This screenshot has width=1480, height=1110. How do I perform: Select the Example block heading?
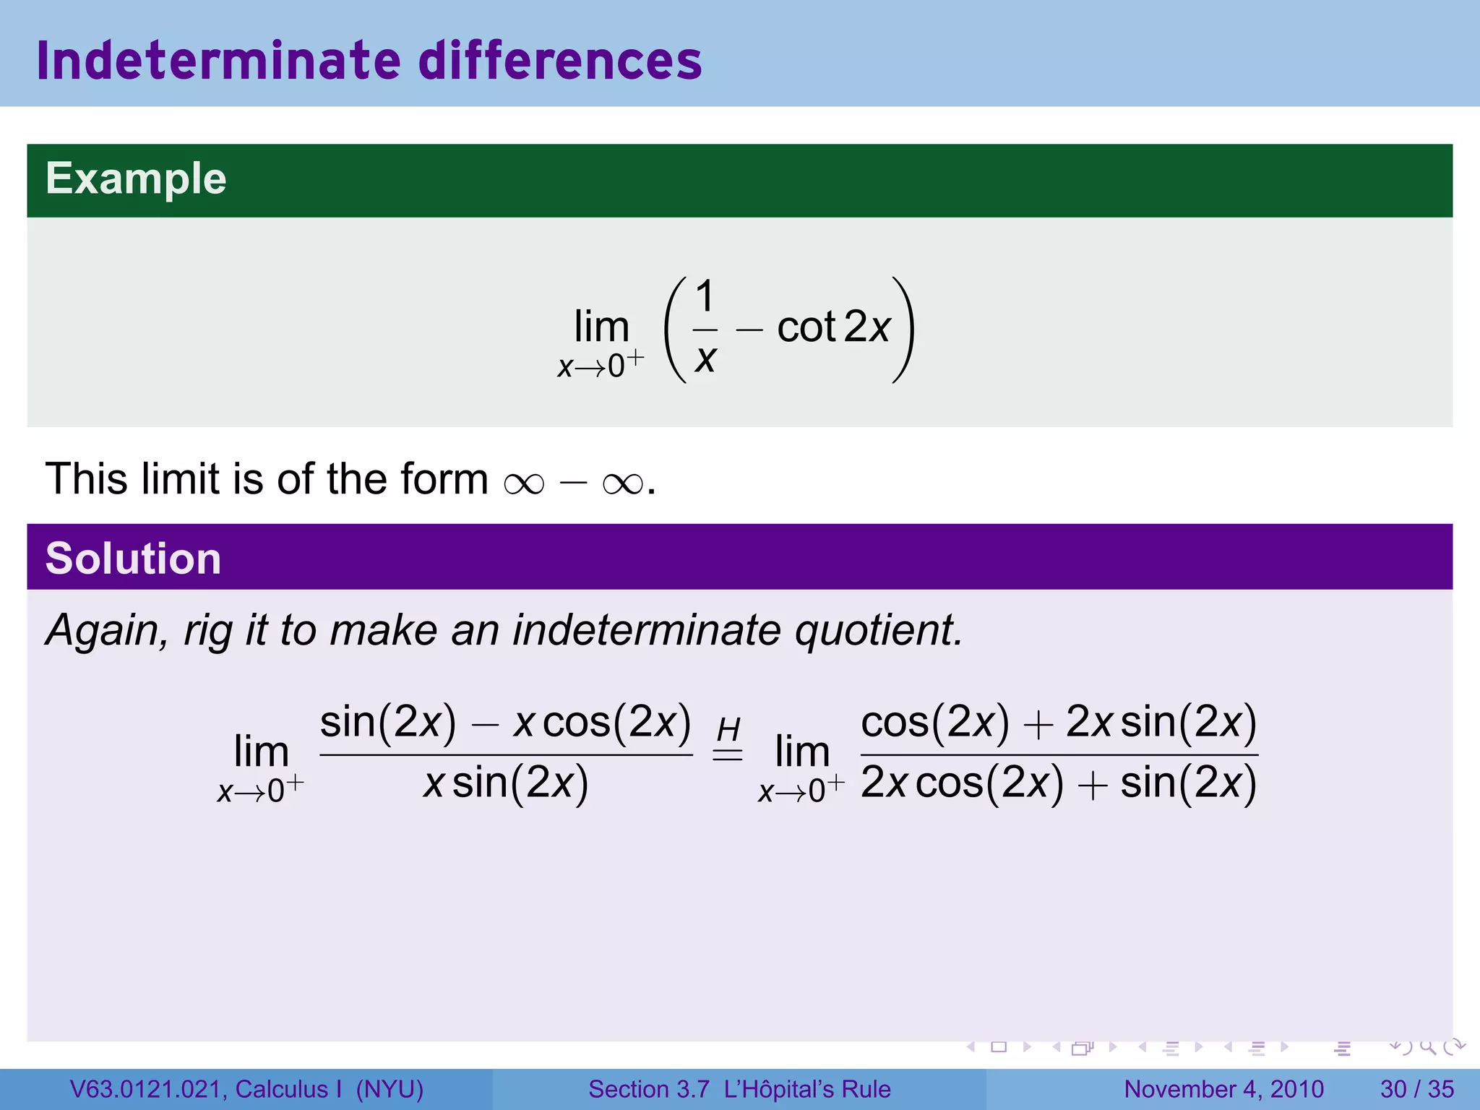pos(136,179)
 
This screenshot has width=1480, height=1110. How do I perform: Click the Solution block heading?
pos(133,559)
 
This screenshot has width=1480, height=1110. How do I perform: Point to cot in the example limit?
pos(806,327)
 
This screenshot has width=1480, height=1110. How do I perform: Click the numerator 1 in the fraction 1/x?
pos(705,296)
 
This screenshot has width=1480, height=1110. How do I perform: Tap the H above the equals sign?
pos(728,730)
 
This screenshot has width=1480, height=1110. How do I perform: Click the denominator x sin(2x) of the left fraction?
pos(506,783)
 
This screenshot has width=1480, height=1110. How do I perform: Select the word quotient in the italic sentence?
pos(879,630)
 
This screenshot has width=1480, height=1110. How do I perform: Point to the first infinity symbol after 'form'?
pos(524,483)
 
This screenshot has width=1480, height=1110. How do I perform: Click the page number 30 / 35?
pos(1417,1089)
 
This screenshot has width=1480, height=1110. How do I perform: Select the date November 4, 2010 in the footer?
pos(1223,1089)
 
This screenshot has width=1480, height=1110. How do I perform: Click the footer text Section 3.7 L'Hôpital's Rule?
pos(739,1089)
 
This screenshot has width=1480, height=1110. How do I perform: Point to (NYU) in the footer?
pos(390,1089)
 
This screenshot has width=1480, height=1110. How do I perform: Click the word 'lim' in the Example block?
pos(601,327)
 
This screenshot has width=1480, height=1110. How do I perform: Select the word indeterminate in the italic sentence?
pos(647,630)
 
